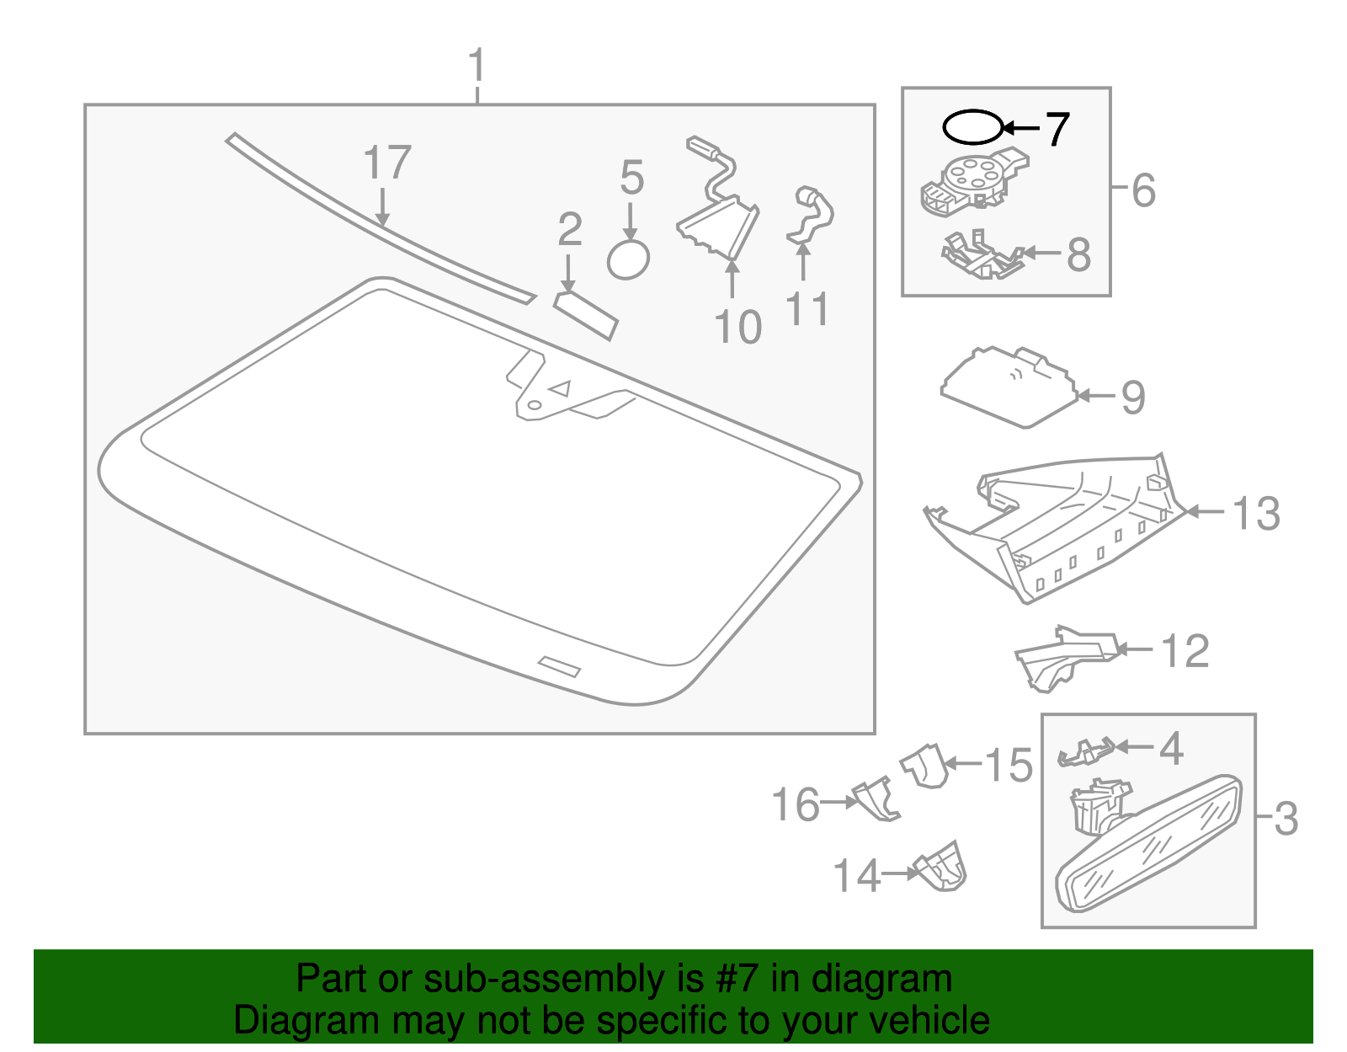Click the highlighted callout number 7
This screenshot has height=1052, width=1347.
click(x=1057, y=129)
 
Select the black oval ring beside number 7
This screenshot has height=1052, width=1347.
click(x=972, y=128)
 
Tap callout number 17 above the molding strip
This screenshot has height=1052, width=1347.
click(x=386, y=163)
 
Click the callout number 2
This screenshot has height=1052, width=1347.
click(x=570, y=230)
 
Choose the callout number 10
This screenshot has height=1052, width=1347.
click(x=737, y=327)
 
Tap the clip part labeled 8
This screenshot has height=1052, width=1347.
click(x=981, y=255)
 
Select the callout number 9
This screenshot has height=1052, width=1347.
click(x=1133, y=397)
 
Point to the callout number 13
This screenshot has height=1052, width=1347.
click(x=1255, y=513)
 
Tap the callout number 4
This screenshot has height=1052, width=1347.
click(x=1171, y=748)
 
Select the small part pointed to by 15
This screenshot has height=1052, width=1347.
click(x=925, y=766)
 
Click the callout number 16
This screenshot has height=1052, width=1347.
click(x=796, y=804)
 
